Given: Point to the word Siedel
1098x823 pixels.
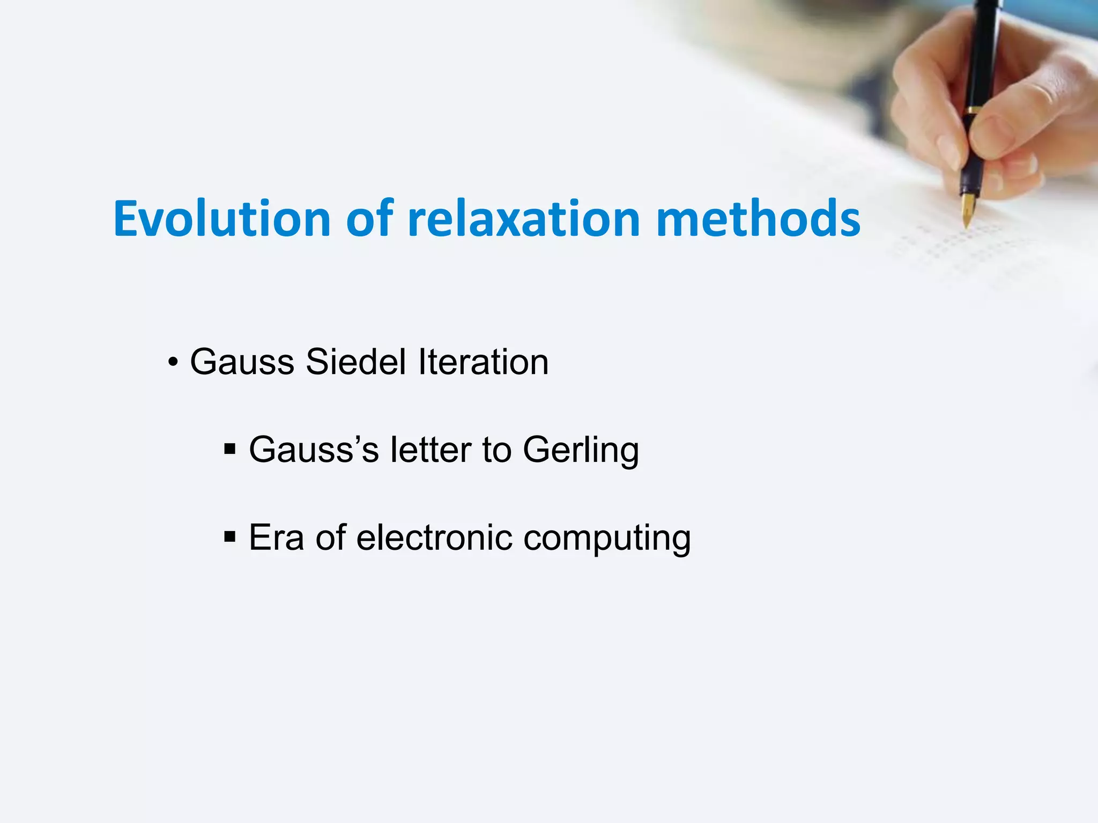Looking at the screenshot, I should pos(355,362).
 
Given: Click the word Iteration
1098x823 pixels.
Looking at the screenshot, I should pos(483,362).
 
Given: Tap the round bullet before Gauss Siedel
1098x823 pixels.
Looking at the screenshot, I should pos(173,363).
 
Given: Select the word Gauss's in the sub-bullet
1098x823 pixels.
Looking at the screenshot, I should pos(314,450).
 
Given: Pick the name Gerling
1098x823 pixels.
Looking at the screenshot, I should pos(581,451).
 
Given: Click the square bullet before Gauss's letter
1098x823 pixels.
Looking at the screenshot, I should pos(230,448).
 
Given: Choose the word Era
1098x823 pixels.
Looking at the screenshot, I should pos(276,537).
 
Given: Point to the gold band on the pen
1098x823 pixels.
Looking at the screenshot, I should pos(972,110).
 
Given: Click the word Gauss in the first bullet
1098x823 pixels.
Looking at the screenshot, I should pos(242,362).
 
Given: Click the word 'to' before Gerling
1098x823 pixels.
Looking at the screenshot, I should pos(496,450).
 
